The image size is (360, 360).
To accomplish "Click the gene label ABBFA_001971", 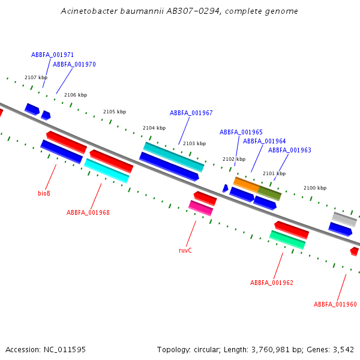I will click(x=52, y=55).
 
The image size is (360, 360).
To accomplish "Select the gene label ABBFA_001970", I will click(x=74, y=64).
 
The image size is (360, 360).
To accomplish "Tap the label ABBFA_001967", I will click(x=191, y=113).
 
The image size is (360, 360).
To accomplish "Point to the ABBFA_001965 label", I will click(x=241, y=132).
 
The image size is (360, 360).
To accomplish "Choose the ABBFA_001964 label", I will click(x=264, y=141).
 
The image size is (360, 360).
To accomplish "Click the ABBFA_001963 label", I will click(x=289, y=150).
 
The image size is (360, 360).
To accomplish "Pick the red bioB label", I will click(x=44, y=193).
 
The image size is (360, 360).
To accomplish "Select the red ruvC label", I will click(x=185, y=250).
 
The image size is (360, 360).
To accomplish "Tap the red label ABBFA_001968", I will click(x=88, y=212).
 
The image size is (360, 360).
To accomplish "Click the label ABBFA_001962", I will click(x=271, y=283).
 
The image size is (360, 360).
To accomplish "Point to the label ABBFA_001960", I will click(x=335, y=304).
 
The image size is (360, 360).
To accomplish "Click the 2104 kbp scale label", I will click(x=154, y=128).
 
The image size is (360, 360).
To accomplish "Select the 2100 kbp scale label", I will click(x=314, y=188).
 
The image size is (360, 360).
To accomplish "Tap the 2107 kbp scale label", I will click(x=35, y=77).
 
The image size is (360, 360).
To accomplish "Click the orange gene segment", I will click(x=246, y=184).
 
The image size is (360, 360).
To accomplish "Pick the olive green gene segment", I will click(x=269, y=193).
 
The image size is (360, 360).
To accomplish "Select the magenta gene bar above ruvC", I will click(x=200, y=208).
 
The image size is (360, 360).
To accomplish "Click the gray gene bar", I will click(x=344, y=219).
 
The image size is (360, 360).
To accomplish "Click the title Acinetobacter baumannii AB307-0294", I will click(x=179, y=11).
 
